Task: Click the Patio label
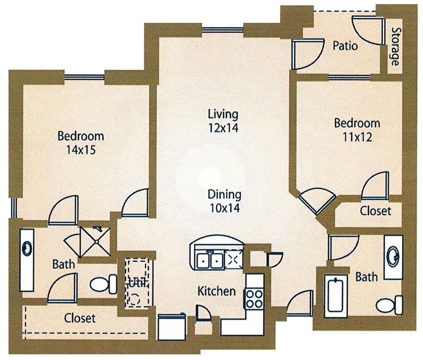(345, 46)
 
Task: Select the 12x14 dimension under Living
(223, 128)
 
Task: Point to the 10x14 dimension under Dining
(225, 208)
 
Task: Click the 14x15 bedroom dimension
(81, 150)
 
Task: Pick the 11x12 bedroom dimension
(357, 137)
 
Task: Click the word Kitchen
(216, 291)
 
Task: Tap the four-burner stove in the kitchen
(254, 298)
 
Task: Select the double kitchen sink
(210, 260)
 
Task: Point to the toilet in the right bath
(390, 305)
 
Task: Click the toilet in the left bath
(104, 284)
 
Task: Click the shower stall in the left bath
(96, 241)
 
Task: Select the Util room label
(137, 282)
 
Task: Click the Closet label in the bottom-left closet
(80, 318)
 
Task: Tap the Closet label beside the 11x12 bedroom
(375, 211)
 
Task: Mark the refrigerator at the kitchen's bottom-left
(172, 327)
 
